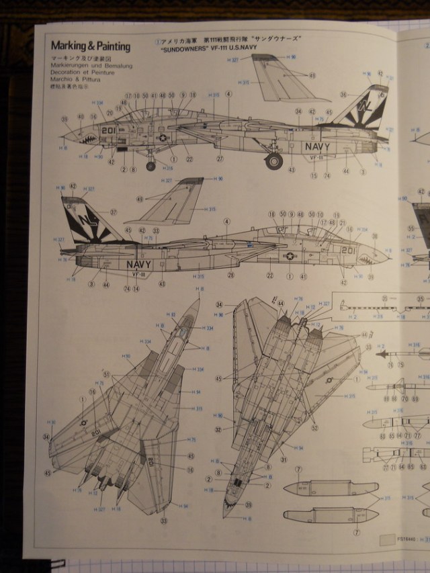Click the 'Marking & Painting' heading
pos(91,46)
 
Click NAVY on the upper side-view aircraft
pos(316,146)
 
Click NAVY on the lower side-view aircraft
pos(139,264)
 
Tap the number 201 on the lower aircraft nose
pos(347,251)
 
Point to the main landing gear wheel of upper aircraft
pos(273,161)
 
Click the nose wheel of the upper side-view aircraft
pos(150,166)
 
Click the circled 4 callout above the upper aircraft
pos(228,94)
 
